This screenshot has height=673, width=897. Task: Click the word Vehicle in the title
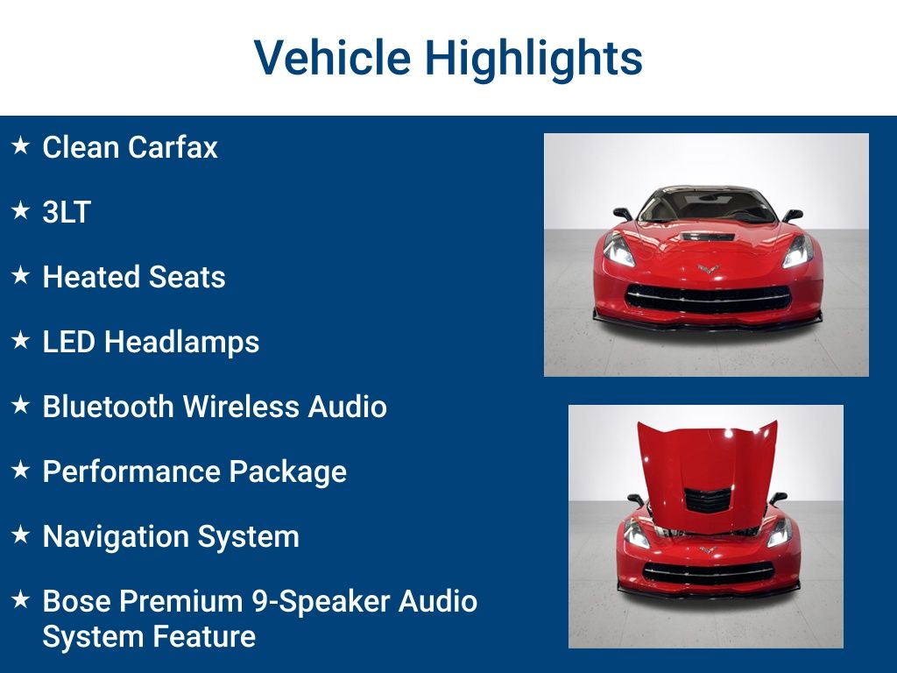tap(332, 57)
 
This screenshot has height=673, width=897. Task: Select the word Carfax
tap(173, 147)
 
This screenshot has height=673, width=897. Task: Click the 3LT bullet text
tap(67, 212)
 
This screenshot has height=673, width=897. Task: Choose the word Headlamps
tap(181, 343)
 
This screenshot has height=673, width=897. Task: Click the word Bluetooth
tap(108, 407)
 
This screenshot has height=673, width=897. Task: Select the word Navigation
tap(116, 537)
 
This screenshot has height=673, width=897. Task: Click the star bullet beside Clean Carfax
tap(21, 145)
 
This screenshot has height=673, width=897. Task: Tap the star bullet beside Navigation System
tap(21, 535)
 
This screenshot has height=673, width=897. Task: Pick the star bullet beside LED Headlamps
tap(21, 340)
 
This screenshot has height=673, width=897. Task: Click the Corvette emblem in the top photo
tap(708, 268)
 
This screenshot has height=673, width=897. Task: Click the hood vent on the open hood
tap(708, 500)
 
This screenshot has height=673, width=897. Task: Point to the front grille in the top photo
tap(708, 298)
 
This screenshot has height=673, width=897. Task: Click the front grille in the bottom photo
tap(708, 572)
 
